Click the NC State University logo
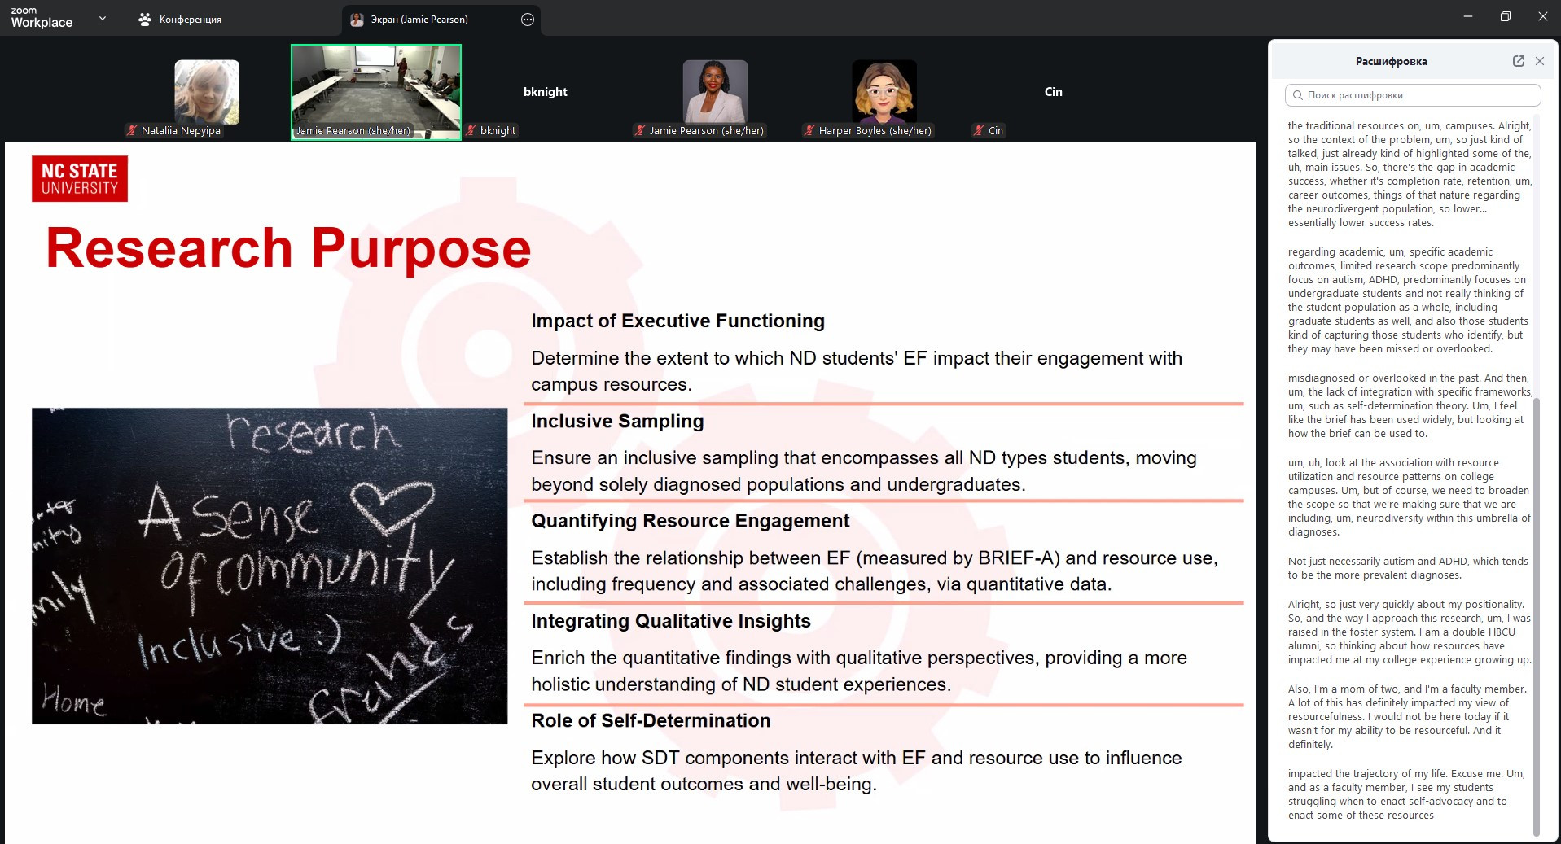coord(80,179)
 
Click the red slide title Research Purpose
coord(288,248)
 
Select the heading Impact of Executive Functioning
coord(677,321)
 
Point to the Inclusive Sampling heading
coord(617,422)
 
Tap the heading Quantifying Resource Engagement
coord(690,521)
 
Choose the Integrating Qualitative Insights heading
coord(671,621)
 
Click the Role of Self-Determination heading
coord(651,721)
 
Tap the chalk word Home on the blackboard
coord(73,699)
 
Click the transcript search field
coord(1413,95)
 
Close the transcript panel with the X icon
coord(1540,61)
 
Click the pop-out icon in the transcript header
coord(1519,61)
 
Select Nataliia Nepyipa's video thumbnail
coord(207,92)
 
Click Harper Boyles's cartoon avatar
coord(884,92)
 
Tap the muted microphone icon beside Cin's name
coord(979,130)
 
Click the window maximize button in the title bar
coord(1506,16)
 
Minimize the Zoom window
coord(1468,16)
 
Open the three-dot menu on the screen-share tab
coord(528,20)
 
